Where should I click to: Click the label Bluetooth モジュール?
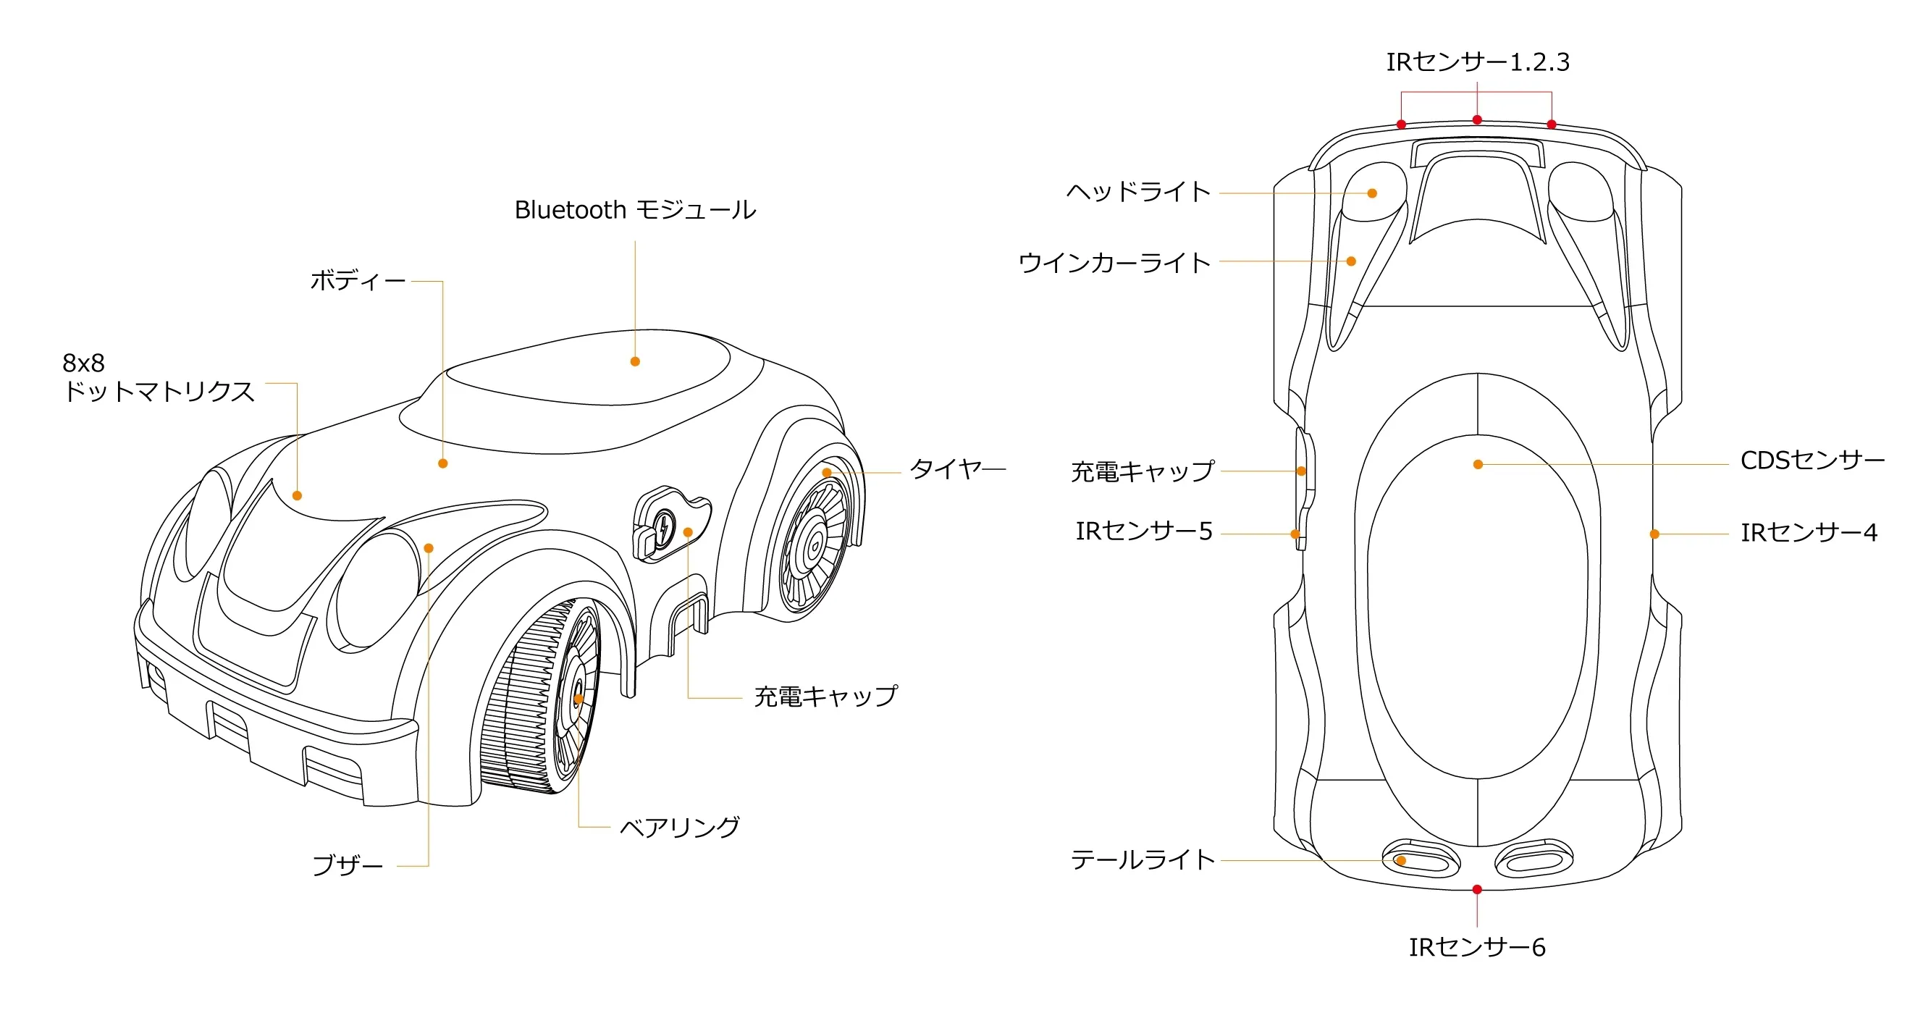coord(635,210)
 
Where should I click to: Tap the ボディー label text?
coord(358,281)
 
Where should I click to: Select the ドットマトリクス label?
coord(158,391)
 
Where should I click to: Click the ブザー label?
coord(347,865)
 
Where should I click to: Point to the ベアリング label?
coord(679,828)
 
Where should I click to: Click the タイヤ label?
coord(946,469)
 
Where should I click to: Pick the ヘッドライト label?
coord(1138,193)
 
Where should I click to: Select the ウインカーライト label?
coord(1114,263)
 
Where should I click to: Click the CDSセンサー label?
coord(1812,461)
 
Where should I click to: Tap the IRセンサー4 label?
coord(1808,533)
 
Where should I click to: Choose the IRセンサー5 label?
coord(1143,531)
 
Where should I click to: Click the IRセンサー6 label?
coord(1477,947)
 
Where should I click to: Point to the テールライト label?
coord(1143,859)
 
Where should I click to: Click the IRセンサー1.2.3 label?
coord(1478,62)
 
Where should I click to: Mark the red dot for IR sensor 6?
coord(1477,890)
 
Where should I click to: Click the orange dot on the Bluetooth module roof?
coord(635,361)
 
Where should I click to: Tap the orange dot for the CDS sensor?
coord(1478,465)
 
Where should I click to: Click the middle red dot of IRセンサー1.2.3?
coord(1477,120)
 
